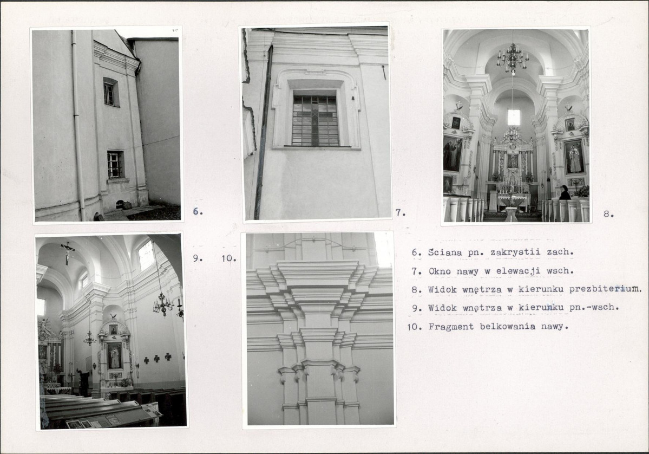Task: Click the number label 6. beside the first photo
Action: tap(198, 211)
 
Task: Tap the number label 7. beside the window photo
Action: tap(400, 213)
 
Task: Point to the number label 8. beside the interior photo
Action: tap(608, 214)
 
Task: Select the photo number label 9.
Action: tap(198, 258)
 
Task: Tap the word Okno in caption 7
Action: tap(440, 271)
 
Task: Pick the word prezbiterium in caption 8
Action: tap(605, 289)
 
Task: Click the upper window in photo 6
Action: tap(110, 93)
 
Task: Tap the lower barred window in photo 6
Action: tap(115, 165)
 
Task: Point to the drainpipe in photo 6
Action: tap(77, 124)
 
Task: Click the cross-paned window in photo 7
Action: tap(316, 120)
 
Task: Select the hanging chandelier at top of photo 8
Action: tap(513, 57)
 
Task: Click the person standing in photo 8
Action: tap(565, 193)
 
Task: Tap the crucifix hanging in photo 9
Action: tap(68, 252)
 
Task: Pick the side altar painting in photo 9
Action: tap(115, 356)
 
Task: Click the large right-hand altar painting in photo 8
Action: tap(574, 157)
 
